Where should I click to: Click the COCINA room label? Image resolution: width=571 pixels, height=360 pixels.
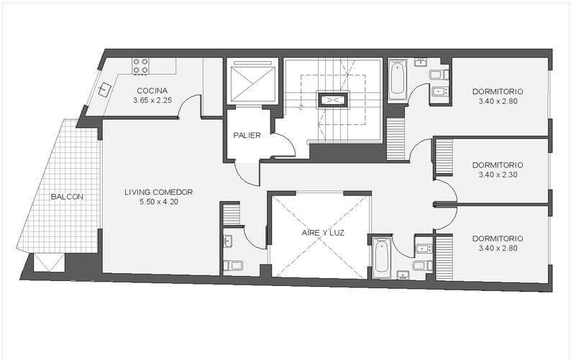(152, 91)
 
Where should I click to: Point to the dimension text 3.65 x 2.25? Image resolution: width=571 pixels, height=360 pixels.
(152, 101)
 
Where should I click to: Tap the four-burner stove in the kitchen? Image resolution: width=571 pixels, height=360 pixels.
(140, 66)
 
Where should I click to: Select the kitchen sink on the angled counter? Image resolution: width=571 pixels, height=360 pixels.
(105, 90)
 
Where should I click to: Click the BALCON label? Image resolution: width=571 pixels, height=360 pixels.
(67, 197)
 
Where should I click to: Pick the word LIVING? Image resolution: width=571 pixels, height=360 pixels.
(138, 192)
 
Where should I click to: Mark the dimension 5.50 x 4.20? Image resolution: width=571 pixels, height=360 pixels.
(158, 202)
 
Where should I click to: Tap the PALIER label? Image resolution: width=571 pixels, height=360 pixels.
(247, 135)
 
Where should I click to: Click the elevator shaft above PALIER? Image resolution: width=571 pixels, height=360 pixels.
(252, 81)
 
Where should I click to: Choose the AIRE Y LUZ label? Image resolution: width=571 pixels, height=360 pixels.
(319, 233)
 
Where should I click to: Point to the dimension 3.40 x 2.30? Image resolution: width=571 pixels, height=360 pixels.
(498, 174)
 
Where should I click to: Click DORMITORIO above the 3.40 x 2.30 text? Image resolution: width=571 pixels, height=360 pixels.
(498, 164)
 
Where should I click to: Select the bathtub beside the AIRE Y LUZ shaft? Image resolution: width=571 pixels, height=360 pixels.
(382, 257)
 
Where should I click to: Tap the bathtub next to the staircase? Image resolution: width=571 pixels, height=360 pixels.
(397, 80)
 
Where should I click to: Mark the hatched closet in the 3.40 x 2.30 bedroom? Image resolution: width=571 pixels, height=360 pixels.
(444, 157)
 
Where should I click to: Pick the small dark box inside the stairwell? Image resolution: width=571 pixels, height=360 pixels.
(332, 101)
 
